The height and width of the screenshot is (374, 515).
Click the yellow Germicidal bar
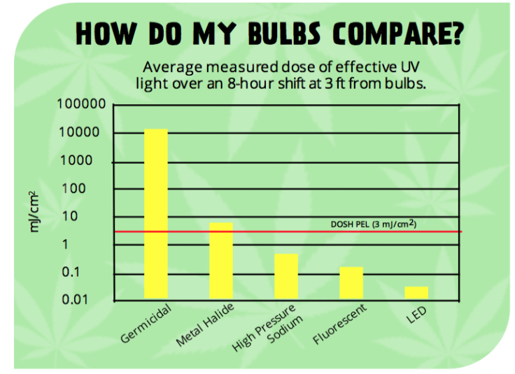[156, 213]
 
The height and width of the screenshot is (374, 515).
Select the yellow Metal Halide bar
[221, 261]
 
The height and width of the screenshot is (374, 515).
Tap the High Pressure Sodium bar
[285, 276]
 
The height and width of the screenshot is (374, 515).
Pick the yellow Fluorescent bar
[351, 282]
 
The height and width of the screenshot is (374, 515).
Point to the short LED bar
[416, 292]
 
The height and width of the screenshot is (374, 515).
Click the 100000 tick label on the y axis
[81, 105]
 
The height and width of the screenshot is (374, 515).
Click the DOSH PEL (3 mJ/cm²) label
[374, 224]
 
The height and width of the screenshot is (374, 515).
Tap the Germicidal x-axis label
[146, 324]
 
